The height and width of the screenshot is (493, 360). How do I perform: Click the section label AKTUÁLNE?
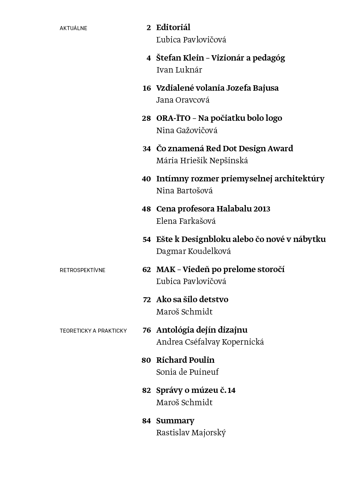point(73,28)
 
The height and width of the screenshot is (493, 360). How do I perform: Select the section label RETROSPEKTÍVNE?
point(82,270)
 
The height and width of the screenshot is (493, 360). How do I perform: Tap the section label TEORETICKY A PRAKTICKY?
point(93,331)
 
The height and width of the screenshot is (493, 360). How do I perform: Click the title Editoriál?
point(173,28)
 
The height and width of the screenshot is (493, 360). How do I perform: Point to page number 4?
point(149,58)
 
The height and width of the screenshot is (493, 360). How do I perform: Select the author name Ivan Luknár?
point(179,70)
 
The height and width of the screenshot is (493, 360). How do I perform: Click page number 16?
point(146,88)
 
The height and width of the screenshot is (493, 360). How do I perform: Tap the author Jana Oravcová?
point(183,100)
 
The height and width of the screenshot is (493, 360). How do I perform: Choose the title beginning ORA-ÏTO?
point(219,118)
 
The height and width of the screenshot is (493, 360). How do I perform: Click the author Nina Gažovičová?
point(187,131)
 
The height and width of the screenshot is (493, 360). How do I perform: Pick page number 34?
point(146,149)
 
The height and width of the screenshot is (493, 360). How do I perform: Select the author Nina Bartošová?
point(184,191)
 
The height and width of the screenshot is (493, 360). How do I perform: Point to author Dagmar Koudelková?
point(193,251)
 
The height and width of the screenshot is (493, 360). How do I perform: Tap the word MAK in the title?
point(166,270)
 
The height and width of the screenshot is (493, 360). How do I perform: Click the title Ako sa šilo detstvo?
point(192,300)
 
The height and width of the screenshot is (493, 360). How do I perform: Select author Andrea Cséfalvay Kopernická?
point(210,342)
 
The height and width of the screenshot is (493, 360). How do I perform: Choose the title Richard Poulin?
point(185,360)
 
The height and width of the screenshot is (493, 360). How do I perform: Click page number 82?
point(146,391)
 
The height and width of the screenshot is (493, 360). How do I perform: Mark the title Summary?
point(175,421)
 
